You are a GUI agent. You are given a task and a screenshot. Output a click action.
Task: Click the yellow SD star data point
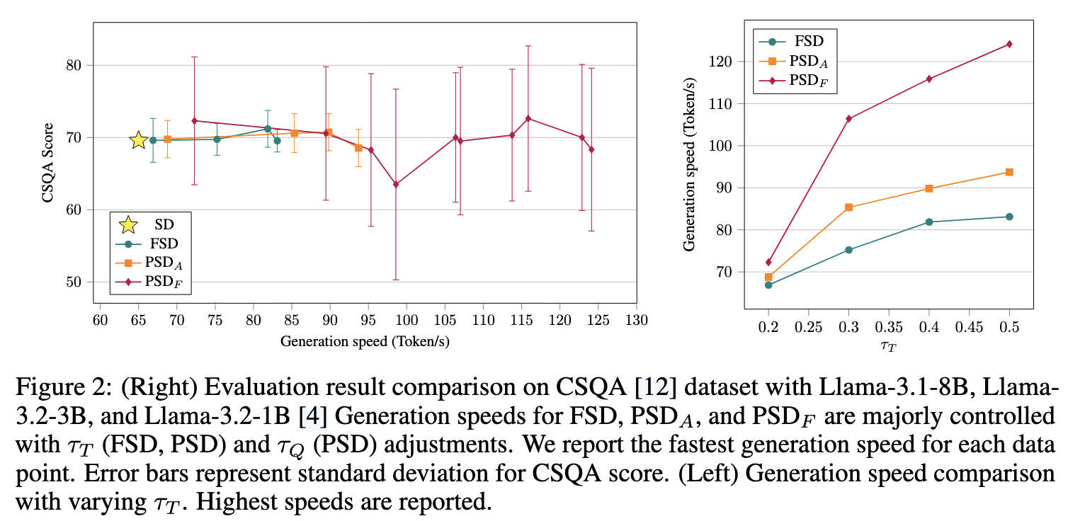139,140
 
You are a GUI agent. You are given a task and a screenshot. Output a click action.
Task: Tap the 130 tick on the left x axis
637,319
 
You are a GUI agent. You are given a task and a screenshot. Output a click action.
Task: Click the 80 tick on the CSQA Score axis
74,65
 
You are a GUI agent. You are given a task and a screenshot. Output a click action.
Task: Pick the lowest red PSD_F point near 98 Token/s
396,185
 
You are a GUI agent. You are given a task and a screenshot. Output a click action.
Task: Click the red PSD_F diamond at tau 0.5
1009,44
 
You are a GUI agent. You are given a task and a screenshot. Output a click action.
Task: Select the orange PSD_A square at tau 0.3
849,207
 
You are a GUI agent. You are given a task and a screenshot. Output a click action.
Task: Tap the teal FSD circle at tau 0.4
929,222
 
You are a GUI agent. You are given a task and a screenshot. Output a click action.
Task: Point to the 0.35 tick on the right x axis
889,328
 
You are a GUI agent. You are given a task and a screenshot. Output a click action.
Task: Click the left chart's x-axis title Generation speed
365,341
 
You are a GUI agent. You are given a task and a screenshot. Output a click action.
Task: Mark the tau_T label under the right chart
889,346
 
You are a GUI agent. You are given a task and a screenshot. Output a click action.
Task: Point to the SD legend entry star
128,225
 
